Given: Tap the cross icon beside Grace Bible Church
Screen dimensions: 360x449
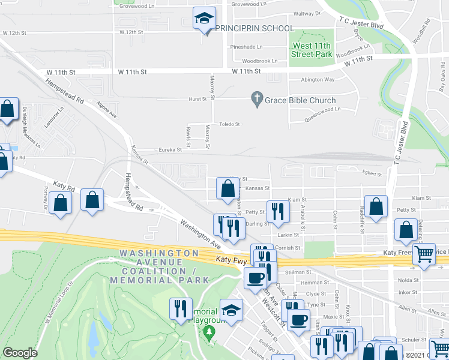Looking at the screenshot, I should pyautogui.click(x=257, y=98).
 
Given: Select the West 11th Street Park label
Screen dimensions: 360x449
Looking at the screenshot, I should pyautogui.click(x=312, y=50).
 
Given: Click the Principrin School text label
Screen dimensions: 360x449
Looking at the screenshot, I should pyautogui.click(x=255, y=28).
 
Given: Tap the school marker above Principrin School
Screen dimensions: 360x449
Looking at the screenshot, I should pyautogui.click(x=204, y=19).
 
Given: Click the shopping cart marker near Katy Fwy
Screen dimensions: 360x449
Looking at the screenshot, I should pyautogui.click(x=424, y=254).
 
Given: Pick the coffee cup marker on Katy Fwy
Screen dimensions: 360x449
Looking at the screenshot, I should pyautogui.click(x=256, y=278).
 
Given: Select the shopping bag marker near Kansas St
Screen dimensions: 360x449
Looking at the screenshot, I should pyautogui.click(x=228, y=188).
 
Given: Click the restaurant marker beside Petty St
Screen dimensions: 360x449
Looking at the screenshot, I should pyautogui.click(x=278, y=211).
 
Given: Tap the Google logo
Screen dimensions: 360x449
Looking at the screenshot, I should pyautogui.click(x=20, y=353).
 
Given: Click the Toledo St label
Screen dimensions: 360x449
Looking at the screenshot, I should pyautogui.click(x=229, y=124).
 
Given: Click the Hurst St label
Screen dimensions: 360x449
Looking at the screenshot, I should pyautogui.click(x=197, y=100).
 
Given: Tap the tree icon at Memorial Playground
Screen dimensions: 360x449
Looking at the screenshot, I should pyautogui.click(x=209, y=332).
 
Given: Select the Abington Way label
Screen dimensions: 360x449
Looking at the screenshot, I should pyautogui.click(x=318, y=79).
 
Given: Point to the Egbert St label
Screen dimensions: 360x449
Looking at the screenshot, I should pyautogui.click(x=372, y=175).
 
